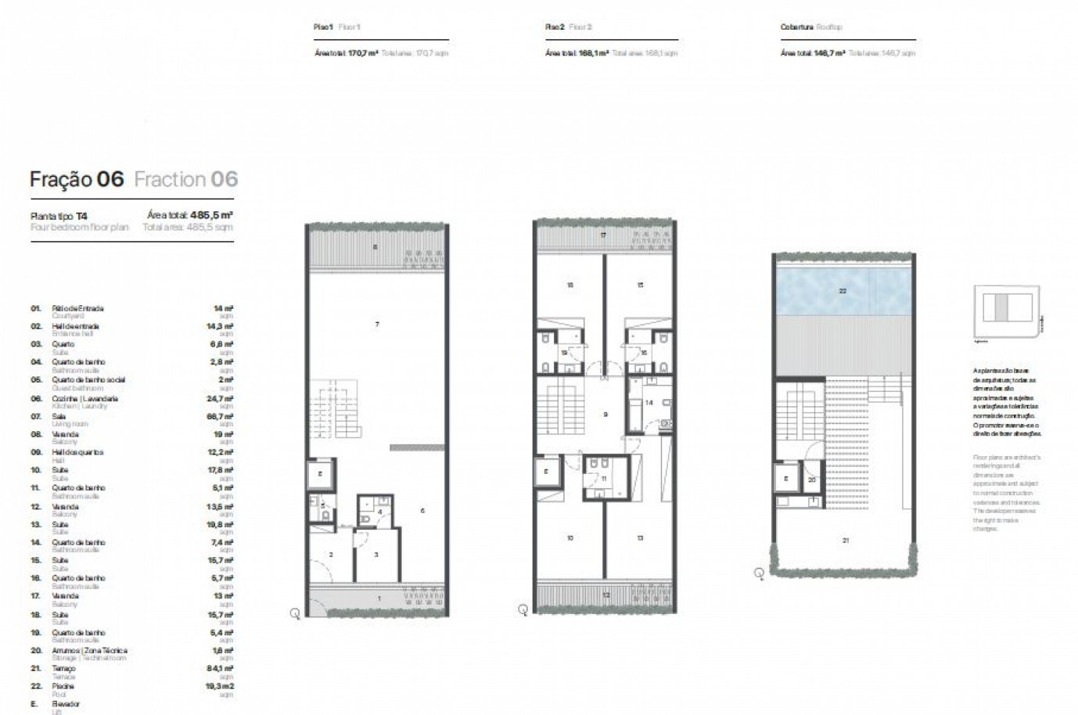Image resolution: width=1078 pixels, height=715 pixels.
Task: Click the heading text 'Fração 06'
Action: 77,179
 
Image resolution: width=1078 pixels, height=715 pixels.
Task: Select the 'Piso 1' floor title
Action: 323,27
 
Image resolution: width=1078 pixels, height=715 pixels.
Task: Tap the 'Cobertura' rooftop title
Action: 797,27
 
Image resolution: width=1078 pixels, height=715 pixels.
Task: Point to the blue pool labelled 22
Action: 843,290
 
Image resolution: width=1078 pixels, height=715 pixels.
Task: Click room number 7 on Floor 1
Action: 377,324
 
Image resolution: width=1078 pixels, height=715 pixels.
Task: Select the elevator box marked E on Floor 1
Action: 321,475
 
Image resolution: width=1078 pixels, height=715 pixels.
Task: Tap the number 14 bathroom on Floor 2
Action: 649,403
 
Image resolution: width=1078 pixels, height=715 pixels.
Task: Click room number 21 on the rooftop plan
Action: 845,540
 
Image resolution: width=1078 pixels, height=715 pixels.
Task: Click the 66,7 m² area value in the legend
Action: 223,417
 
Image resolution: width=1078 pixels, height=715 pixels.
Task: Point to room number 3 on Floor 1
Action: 376,555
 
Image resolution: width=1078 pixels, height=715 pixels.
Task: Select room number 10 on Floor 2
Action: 570,538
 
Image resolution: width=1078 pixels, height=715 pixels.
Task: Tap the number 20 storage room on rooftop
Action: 811,480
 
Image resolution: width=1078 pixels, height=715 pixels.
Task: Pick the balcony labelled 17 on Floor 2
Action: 603,235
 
